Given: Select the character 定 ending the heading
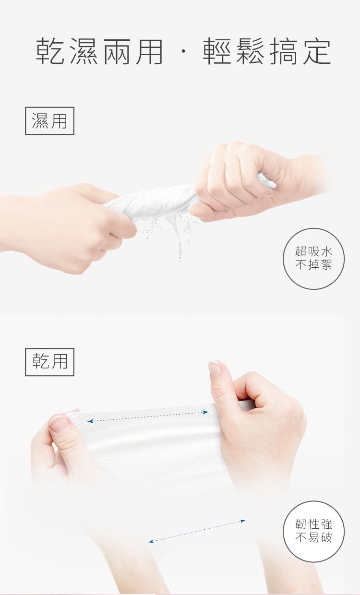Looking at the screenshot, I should click(x=316, y=52).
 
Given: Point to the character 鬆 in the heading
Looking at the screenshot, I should click(x=250, y=52).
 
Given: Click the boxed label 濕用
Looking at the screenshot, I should click(x=49, y=121).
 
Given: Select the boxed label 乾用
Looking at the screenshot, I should click(x=49, y=362).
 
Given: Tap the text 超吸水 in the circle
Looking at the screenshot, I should click(x=313, y=252).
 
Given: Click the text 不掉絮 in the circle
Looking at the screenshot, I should click(x=313, y=265).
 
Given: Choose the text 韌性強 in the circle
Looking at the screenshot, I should click(x=313, y=524).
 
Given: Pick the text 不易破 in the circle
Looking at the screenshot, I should click(x=313, y=537).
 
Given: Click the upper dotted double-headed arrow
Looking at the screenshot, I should click(x=148, y=416).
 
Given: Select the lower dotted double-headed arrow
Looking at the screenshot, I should click(x=197, y=531).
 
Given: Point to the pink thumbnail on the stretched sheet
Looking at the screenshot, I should click(x=60, y=424).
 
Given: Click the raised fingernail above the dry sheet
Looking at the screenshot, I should click(x=215, y=369).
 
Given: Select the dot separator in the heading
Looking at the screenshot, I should click(x=183, y=53).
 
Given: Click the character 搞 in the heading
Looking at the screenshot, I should click(x=283, y=52).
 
